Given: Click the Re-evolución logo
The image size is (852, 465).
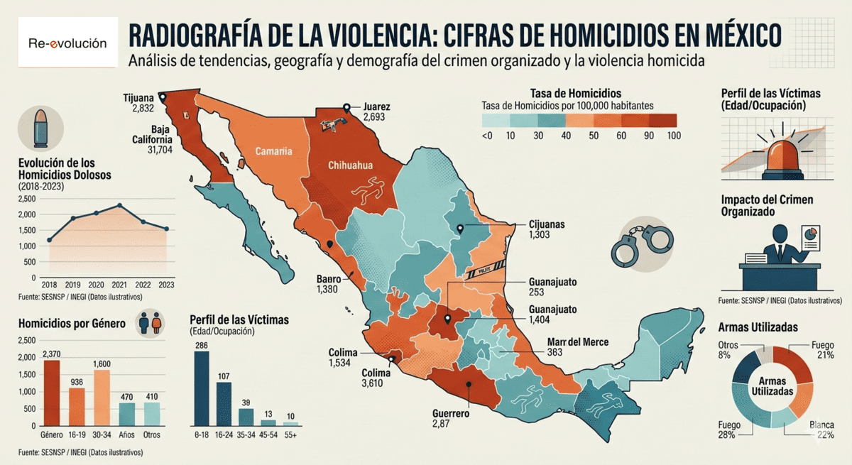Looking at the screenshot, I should pos(67,43).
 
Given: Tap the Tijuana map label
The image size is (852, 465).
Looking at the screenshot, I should pos(138,98).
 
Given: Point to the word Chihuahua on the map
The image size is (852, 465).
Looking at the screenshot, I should pos(350,165).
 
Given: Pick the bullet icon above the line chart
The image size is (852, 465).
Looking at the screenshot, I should pos(41,126).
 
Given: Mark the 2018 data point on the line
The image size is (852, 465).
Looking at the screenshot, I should pos(49,240).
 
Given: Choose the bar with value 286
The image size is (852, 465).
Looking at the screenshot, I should pos(202,388).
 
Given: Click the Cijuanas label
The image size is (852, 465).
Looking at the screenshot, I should pos(547,224).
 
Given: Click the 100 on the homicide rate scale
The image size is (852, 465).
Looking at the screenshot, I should pos(674,135).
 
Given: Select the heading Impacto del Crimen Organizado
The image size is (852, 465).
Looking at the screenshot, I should pos(767,205).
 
